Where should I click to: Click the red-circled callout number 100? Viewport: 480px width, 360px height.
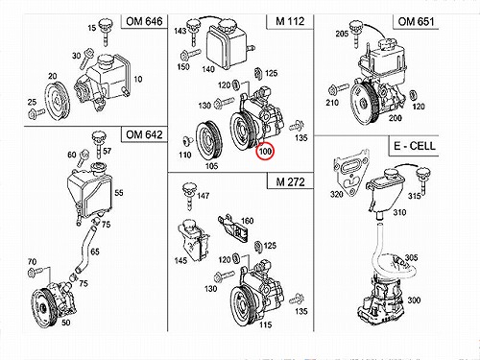click(265, 151)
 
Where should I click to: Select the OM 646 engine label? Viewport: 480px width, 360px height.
click(144, 21)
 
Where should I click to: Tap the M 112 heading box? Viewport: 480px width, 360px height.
click(290, 21)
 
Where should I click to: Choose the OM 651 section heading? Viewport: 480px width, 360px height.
click(416, 21)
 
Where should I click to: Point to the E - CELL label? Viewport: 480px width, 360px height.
click(415, 146)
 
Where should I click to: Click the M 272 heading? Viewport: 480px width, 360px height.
click(290, 181)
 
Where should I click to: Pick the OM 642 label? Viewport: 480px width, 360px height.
click(144, 134)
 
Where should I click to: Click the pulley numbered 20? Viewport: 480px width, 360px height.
click(57, 102)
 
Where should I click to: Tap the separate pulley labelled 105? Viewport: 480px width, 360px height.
click(208, 140)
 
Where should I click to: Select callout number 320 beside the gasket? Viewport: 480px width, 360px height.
click(336, 194)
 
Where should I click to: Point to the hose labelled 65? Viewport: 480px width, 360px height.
click(85, 249)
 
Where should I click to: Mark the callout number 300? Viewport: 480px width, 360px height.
click(414, 300)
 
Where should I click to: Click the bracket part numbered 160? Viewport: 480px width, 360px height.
click(233, 228)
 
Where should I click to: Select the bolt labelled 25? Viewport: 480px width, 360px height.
click(36, 113)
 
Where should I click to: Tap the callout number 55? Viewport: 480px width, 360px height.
click(119, 193)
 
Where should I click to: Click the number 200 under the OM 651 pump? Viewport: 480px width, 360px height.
click(395, 118)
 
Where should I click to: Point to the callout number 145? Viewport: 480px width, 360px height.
click(180, 260)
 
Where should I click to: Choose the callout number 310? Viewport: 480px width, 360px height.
click(399, 212)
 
